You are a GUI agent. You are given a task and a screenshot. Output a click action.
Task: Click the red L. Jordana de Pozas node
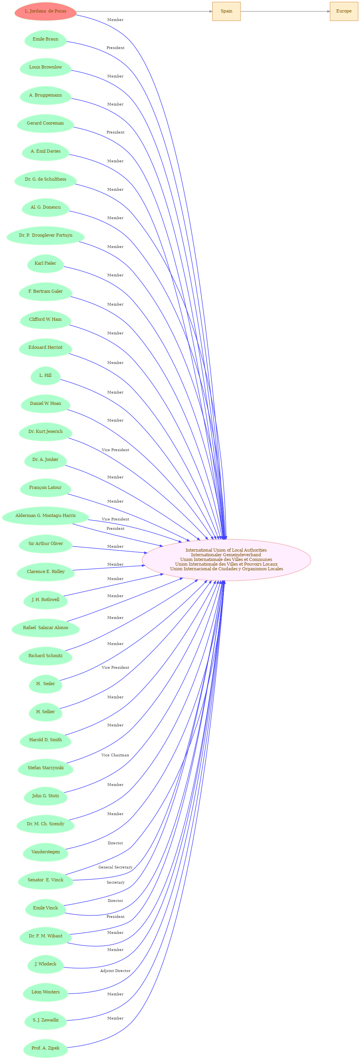point(45,11)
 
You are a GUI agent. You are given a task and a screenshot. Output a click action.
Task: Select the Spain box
point(226,11)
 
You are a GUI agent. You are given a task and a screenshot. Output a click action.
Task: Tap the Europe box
point(344,11)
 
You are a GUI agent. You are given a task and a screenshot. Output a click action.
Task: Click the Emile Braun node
point(45,39)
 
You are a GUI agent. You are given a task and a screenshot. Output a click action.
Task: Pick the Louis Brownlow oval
point(45,67)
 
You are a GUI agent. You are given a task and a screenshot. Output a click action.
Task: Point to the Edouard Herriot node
point(45,347)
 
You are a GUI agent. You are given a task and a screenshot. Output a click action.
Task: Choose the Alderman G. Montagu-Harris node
point(45,516)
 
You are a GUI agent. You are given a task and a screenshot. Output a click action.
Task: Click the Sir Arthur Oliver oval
point(45,543)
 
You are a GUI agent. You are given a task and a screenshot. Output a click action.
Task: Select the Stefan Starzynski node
point(45,768)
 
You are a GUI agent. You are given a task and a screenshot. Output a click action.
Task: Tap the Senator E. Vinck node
point(45,880)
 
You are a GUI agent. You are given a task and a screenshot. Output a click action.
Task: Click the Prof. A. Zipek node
point(45,1048)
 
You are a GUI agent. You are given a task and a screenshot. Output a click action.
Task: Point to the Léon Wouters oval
point(45,992)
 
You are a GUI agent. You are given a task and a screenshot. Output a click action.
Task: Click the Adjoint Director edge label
point(115,971)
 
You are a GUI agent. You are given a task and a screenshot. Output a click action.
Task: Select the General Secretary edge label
point(115,867)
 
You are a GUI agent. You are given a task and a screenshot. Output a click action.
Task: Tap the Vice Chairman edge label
point(115,755)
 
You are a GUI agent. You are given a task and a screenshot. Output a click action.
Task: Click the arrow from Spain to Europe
point(285,11)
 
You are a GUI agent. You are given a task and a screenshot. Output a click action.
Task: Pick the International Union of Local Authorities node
point(226,560)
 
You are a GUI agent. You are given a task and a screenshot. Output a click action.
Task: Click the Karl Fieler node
point(45,264)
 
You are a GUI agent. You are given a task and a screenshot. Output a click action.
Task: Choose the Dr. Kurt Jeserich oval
point(45,432)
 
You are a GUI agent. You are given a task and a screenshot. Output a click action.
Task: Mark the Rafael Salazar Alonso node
point(45,628)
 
